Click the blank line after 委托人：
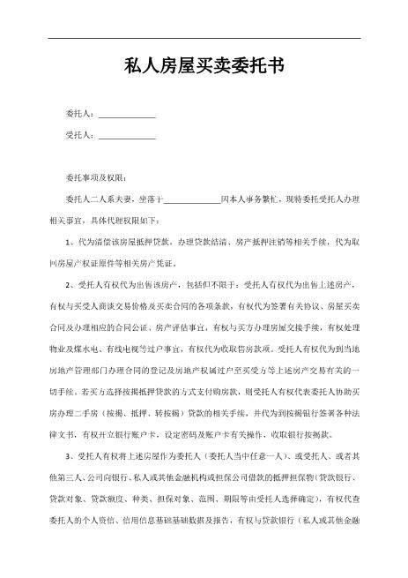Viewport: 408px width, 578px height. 127,115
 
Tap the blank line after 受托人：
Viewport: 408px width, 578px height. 127,136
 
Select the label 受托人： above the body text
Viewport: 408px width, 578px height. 81,136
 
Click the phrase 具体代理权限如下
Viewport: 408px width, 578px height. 124,221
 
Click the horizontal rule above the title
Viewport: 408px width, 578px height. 204,38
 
